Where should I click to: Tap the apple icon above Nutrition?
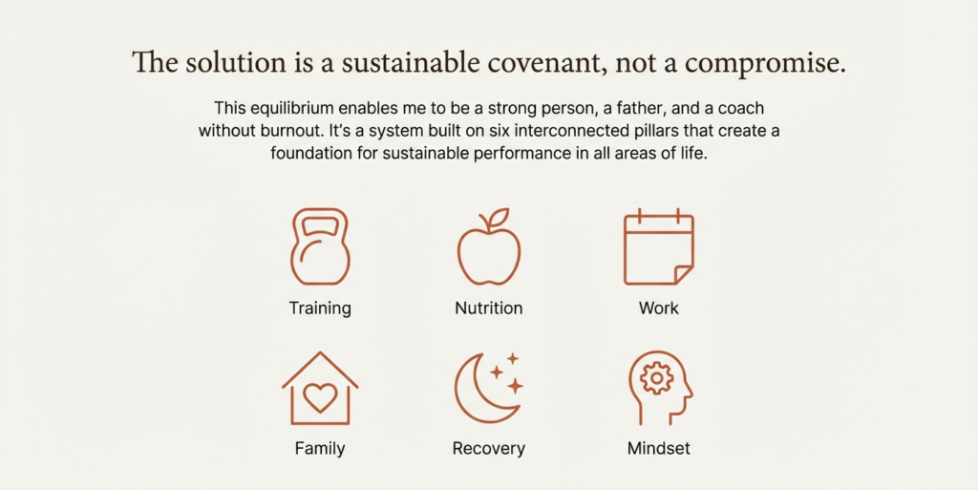pyautogui.click(x=489, y=250)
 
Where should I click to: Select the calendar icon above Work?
pyautogui.click(x=658, y=247)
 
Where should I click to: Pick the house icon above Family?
pyautogui.click(x=320, y=389)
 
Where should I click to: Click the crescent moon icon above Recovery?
pyautogui.click(x=482, y=390)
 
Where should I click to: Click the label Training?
pyautogui.click(x=320, y=309)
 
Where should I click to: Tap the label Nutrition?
pyautogui.click(x=489, y=309)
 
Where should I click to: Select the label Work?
pyautogui.click(x=659, y=309)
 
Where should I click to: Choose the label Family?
pyautogui.click(x=320, y=448)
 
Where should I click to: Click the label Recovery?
pyautogui.click(x=489, y=448)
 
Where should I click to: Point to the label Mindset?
pyautogui.click(x=659, y=448)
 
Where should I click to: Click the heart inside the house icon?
pyautogui.click(x=320, y=397)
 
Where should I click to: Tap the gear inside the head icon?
pyautogui.click(x=656, y=378)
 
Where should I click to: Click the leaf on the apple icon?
pyautogui.click(x=499, y=219)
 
